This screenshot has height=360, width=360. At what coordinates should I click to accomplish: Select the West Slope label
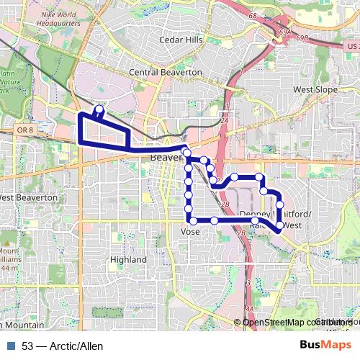click(x=315, y=89)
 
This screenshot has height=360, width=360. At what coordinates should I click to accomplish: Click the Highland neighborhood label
click(x=129, y=259)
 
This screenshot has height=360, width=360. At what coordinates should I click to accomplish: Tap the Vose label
click(x=190, y=231)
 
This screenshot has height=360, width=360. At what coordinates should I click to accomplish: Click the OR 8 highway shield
click(x=22, y=130)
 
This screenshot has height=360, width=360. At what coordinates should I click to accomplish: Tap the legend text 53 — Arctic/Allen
click(x=63, y=346)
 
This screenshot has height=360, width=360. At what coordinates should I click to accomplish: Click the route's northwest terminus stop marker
click(x=99, y=110)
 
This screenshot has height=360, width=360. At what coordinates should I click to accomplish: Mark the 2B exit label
click(x=225, y=204)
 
